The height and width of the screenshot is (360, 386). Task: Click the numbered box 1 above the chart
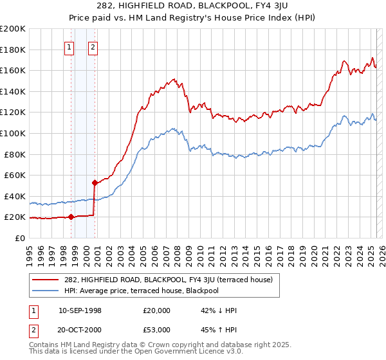pyautogui.click(x=69, y=46)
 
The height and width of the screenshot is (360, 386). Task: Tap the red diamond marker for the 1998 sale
pyautogui.click(x=71, y=217)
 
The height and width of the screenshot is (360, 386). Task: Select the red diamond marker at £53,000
pyautogui.click(x=95, y=183)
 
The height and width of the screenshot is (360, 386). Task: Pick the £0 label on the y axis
pyautogui.click(x=19, y=238)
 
